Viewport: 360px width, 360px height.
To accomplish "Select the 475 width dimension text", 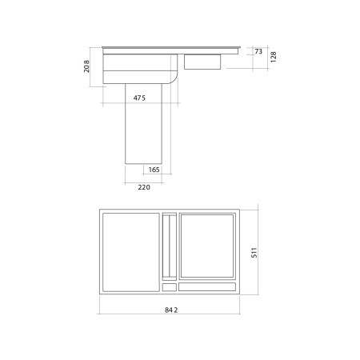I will [138, 98].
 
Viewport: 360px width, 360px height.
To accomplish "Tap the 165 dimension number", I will [154, 170].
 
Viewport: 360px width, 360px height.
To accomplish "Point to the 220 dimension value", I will [144, 186].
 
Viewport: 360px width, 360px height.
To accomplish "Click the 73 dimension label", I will [258, 51].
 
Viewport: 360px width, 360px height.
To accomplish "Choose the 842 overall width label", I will [169, 310].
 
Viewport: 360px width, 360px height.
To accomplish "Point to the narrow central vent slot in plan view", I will [169, 245].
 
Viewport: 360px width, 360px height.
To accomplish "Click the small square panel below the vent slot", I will [169, 286].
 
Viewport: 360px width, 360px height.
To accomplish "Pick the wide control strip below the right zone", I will [207, 286].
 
